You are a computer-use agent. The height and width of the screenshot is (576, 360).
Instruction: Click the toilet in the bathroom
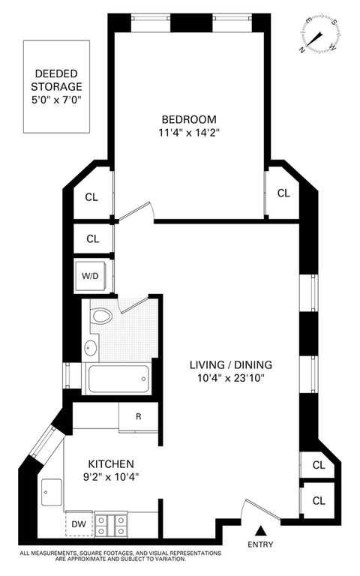coord(100,316)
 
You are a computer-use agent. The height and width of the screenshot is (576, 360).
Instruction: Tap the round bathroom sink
coord(90,347)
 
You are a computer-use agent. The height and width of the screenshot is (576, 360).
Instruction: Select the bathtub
coord(118,379)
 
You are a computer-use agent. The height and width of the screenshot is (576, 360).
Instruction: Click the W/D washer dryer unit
coord(90,275)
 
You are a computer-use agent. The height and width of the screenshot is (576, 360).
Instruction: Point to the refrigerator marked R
coord(139,416)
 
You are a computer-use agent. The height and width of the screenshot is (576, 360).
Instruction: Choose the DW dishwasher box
coord(79,523)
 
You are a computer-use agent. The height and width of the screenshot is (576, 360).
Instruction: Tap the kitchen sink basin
coord(52,492)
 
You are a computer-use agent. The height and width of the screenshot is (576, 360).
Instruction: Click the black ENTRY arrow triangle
coord(260,530)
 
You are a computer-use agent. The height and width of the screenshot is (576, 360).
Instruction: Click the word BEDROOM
coord(189,119)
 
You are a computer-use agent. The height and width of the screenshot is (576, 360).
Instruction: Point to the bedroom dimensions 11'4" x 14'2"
coord(189,132)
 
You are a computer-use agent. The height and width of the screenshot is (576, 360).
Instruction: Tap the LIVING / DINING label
coord(231,364)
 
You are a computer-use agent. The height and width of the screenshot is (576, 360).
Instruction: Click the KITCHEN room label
coord(111,463)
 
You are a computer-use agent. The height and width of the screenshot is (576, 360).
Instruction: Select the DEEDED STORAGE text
coord(56,80)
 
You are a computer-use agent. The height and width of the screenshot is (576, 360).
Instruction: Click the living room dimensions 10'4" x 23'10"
coord(231,378)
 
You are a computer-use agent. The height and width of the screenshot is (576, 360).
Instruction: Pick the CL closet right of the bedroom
coord(283,193)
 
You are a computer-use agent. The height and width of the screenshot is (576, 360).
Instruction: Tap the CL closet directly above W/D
coord(92,238)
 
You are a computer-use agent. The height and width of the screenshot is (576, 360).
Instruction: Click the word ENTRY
coord(260,544)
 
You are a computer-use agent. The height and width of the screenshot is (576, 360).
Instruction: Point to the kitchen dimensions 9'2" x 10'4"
coord(111,477)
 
